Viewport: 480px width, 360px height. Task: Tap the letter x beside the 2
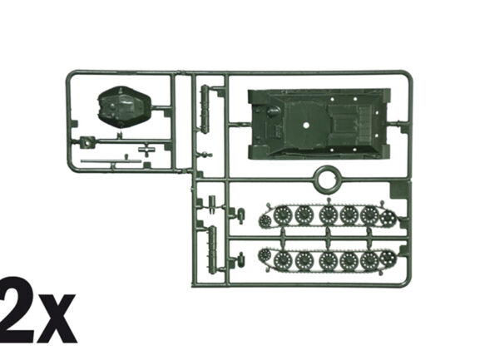[x=56, y=318]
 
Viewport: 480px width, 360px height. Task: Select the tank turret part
[x=124, y=106]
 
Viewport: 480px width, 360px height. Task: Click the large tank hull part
[x=319, y=124]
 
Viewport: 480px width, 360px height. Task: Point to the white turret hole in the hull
[x=306, y=125]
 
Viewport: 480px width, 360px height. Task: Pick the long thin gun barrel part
[x=111, y=161]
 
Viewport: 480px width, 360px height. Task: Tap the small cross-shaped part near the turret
[x=146, y=150]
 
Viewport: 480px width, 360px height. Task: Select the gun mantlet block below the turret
[x=87, y=142]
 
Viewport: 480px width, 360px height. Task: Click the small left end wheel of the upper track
[x=265, y=220]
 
